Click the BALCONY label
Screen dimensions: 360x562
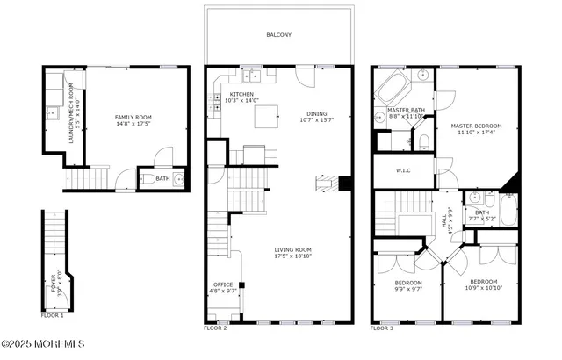pos(279,35)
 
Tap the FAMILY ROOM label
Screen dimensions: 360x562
pos(134,116)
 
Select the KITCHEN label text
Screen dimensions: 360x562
pos(242,94)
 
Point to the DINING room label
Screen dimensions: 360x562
pos(316,112)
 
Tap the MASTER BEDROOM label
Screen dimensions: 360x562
pos(475,126)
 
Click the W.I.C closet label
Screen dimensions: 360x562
pos(404,171)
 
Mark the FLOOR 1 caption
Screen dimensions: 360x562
pos(52,314)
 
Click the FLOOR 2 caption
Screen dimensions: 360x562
pos(215,328)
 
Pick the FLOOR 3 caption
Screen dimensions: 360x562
pos(382,328)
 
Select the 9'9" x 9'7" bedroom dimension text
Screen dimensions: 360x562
pos(408,288)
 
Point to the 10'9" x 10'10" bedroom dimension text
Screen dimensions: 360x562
pos(483,288)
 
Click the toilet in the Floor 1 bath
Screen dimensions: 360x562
pos(151,180)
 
